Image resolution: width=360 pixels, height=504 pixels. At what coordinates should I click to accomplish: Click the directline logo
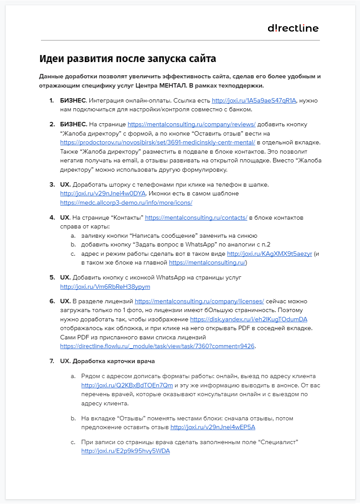(x=293, y=28)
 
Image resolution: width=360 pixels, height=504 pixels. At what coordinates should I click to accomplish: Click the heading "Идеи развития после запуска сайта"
(x=128, y=59)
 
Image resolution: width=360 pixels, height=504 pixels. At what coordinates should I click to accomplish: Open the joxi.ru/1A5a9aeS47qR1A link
(x=254, y=101)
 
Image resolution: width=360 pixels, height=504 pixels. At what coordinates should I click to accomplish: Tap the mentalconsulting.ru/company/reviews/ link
(x=191, y=125)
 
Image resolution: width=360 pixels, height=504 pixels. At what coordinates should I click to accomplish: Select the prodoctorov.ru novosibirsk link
(x=158, y=142)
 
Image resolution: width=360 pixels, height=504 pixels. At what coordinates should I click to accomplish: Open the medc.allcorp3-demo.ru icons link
(x=126, y=202)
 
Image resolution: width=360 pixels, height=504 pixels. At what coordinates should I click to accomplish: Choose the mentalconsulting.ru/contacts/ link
(x=196, y=217)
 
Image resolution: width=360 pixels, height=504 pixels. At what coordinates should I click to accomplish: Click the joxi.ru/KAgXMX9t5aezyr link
(x=269, y=254)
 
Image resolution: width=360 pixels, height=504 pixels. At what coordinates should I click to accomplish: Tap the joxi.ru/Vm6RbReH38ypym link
(x=105, y=287)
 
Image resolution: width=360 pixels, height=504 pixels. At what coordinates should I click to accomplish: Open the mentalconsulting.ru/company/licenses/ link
(x=199, y=302)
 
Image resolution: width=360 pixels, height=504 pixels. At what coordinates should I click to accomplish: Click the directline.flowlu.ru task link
(x=157, y=346)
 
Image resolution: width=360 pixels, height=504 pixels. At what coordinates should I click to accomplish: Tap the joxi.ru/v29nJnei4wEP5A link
(x=213, y=427)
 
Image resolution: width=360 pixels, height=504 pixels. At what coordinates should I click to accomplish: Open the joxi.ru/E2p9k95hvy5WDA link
(x=125, y=451)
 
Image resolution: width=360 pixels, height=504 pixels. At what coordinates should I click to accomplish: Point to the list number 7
(x=51, y=361)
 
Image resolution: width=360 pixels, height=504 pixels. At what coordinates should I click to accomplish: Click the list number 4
(x=51, y=217)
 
